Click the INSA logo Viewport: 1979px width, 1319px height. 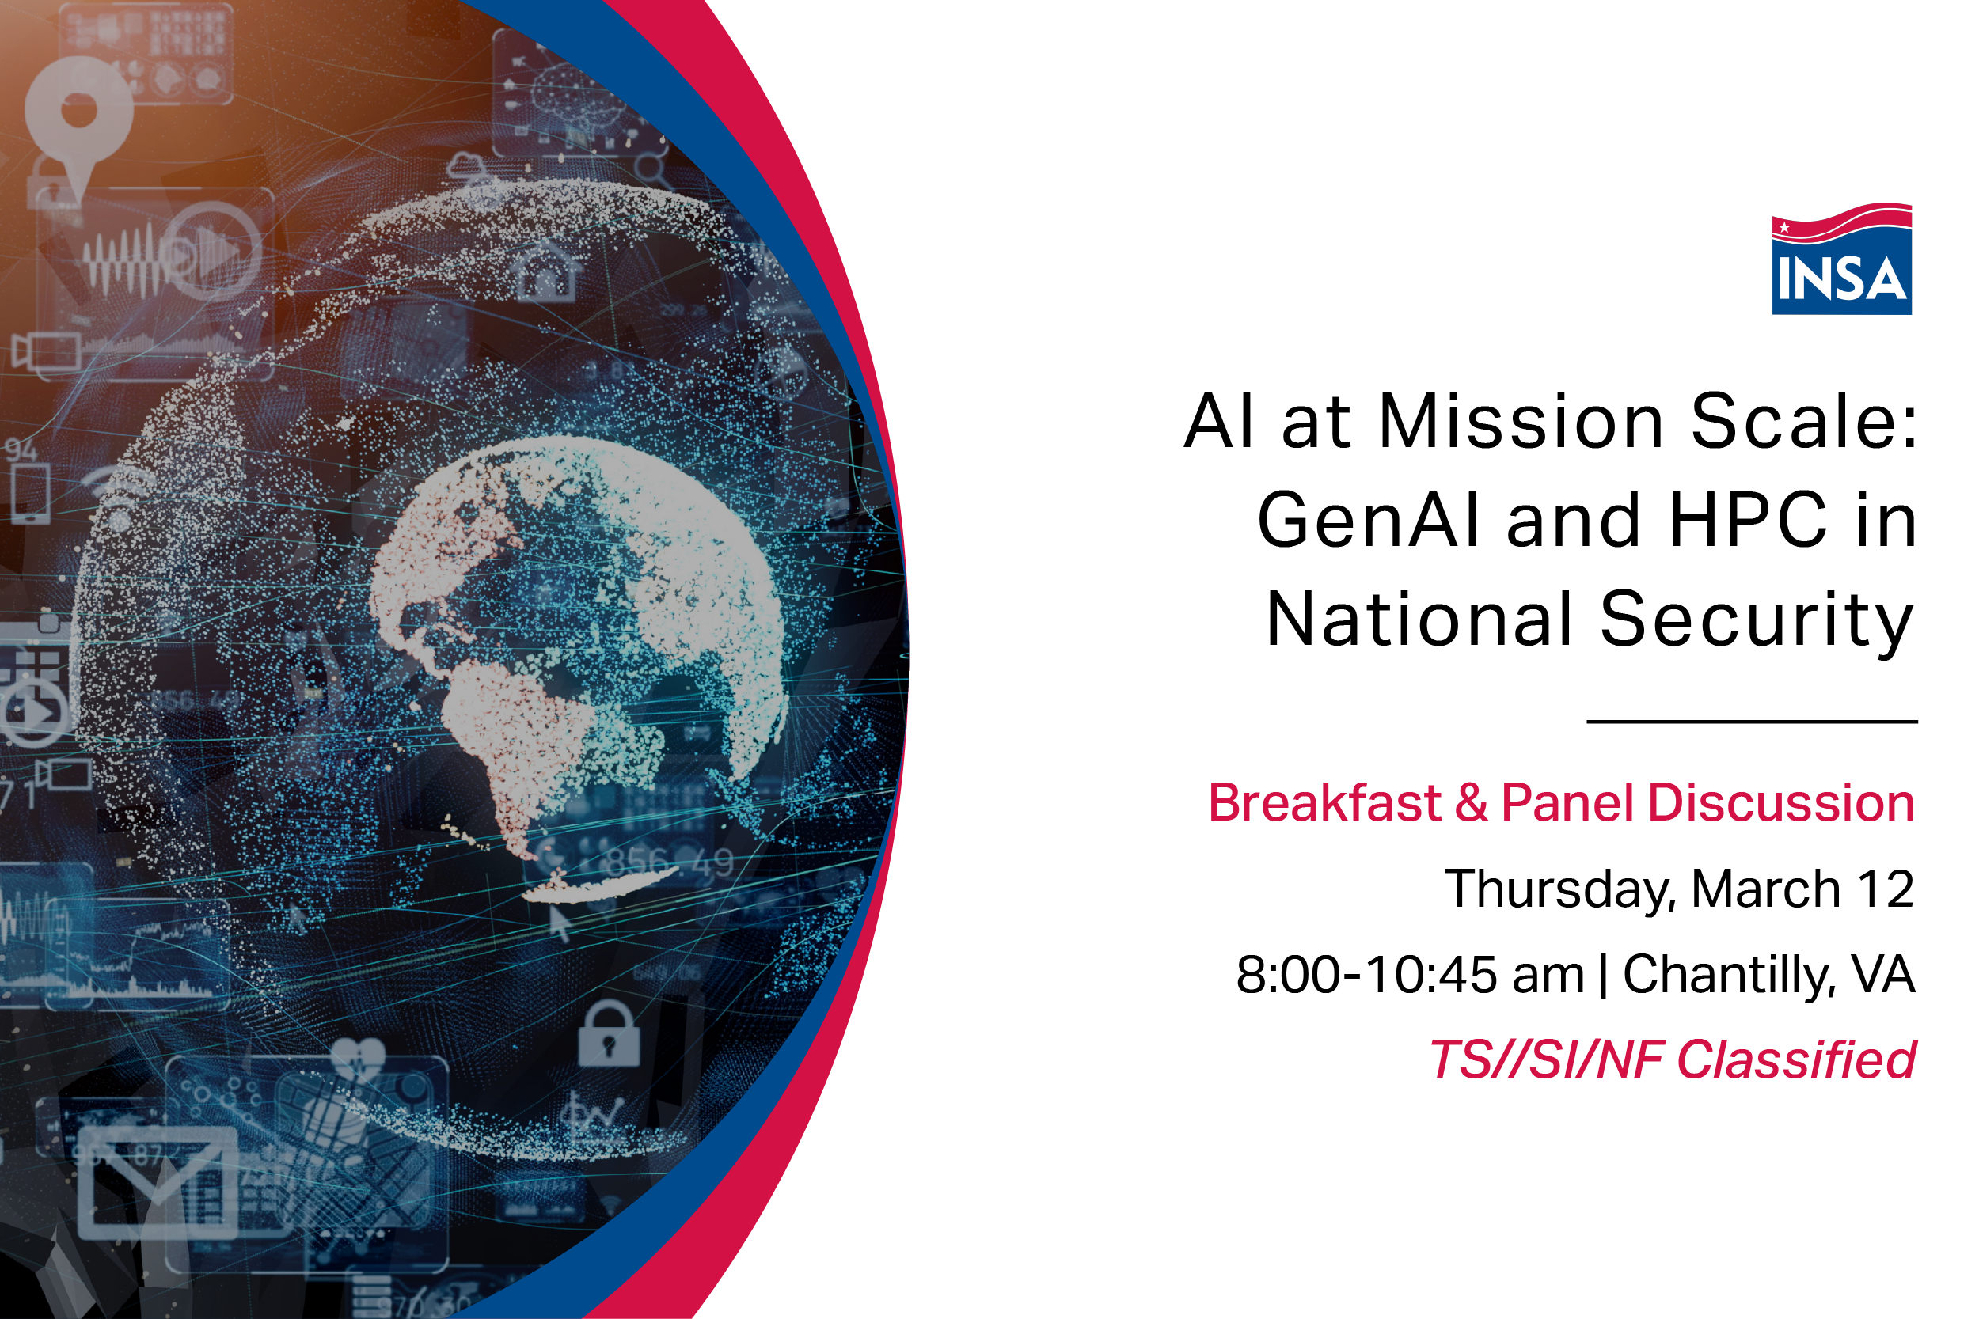coord(1841,260)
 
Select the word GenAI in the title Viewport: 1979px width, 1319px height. coord(1367,521)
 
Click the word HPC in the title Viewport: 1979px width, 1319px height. coord(1749,521)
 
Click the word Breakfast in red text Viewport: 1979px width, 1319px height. coord(1325,802)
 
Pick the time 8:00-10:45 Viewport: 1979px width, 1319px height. coord(1367,975)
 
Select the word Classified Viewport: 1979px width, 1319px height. coord(1796,1060)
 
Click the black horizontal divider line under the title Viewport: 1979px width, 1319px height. coord(1752,722)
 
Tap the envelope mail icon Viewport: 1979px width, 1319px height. coord(158,1183)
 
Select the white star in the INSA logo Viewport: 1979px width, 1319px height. coord(1784,227)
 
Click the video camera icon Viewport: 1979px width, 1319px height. coord(46,351)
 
